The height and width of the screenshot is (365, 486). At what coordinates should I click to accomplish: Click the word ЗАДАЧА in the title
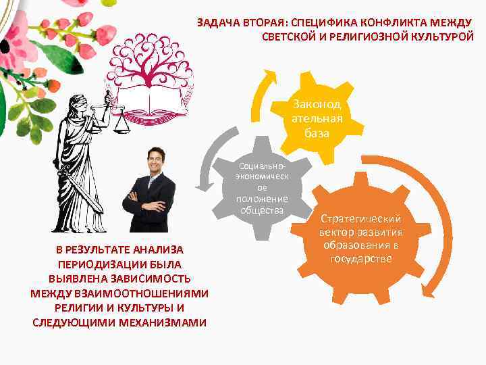coord(214,22)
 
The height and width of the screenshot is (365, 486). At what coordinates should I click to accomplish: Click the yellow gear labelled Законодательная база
coord(317,119)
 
